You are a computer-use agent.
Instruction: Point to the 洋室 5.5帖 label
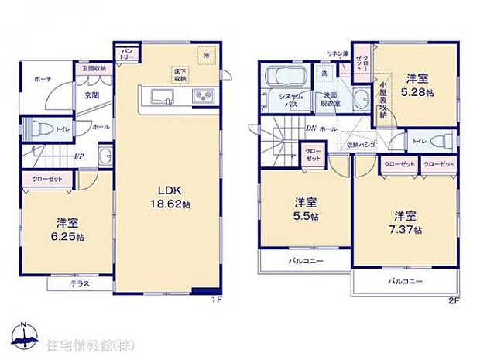304,210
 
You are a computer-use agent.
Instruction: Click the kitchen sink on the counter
163,95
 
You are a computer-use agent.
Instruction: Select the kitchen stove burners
201,95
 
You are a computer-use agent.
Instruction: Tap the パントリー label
128,53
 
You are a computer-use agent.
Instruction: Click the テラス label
81,283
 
